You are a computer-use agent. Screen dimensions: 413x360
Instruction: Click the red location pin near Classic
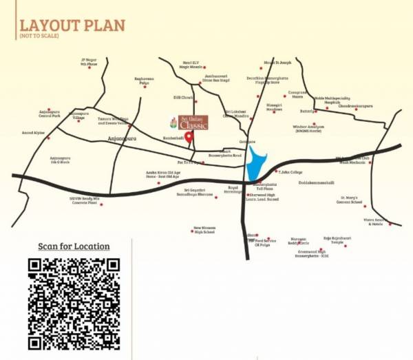[x=189, y=134]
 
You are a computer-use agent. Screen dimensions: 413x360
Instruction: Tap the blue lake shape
[x=256, y=165]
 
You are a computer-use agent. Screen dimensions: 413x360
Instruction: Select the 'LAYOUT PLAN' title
[x=72, y=25]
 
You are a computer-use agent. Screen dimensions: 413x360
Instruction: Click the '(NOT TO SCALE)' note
[x=38, y=36]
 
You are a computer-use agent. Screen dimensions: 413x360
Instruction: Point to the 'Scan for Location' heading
[x=74, y=246]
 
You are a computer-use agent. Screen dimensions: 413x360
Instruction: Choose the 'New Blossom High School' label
[x=204, y=231]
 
